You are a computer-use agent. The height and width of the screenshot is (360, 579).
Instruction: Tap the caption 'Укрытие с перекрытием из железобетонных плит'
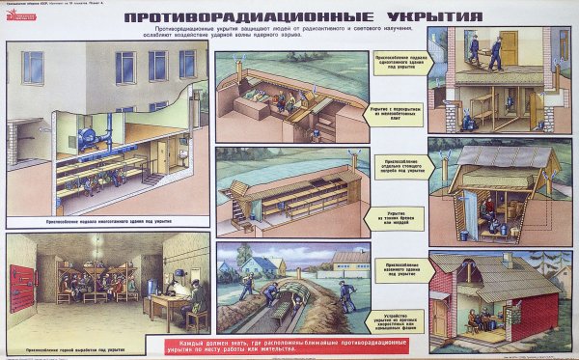pos(396,116)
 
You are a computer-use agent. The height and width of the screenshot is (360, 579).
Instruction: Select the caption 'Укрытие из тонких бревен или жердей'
pos(396,218)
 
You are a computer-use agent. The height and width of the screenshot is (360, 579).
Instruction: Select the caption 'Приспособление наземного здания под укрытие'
pos(396,266)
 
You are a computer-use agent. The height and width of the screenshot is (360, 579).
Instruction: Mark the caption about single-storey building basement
pos(396,64)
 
